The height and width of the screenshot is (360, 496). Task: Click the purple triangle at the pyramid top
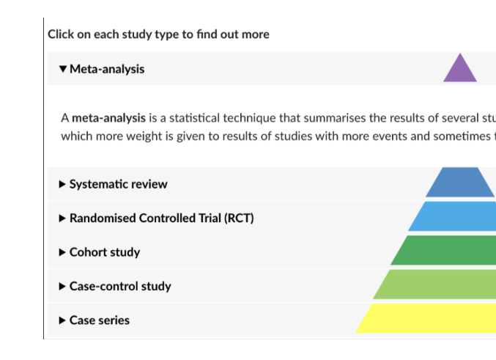[460, 70]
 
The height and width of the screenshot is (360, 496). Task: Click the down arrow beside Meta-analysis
[63, 69]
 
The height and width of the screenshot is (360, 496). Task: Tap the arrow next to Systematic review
[62, 184]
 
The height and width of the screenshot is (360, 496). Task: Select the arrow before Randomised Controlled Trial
[62, 218]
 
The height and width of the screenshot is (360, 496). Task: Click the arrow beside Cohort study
[62, 252]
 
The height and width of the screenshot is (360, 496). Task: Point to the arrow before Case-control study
[62, 286]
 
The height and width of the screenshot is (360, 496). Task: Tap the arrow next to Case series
[62, 320]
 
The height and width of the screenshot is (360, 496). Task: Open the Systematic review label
[118, 184]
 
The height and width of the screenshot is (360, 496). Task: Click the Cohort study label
[105, 252]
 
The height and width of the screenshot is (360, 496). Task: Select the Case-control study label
[120, 286]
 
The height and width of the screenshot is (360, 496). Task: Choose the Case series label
[100, 320]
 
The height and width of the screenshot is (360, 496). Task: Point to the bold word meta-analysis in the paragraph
[108, 117]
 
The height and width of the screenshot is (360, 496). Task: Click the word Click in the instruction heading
[61, 34]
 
